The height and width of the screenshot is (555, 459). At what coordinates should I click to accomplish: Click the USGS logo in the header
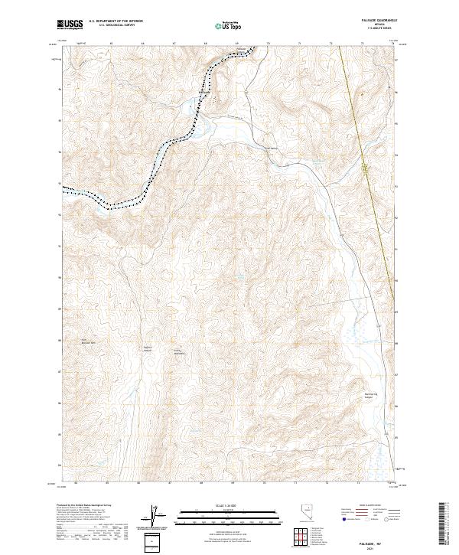[70, 25]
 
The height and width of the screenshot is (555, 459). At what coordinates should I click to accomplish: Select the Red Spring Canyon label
[370, 396]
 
